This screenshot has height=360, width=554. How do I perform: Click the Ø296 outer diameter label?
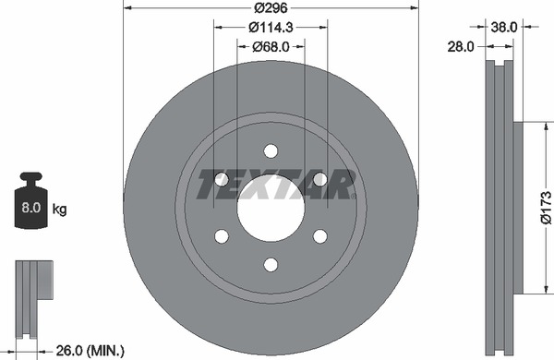pos(271,7)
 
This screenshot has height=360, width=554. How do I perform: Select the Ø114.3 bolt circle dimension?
pos(271,27)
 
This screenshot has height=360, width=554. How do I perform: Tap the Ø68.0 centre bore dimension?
pos(271,47)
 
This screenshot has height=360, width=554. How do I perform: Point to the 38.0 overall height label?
pos(504,27)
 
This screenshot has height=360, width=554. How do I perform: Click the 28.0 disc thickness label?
pos(461,46)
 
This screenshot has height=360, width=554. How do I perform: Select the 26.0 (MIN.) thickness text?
pos(90,351)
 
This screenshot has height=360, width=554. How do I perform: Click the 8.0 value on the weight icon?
pos(31,208)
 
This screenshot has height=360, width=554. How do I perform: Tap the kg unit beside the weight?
pos(59,210)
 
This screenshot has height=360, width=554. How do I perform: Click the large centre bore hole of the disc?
pos(271,208)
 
